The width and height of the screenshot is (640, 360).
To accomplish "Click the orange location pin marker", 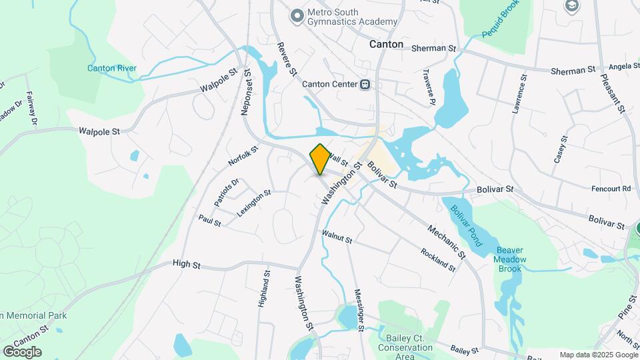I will tap(320, 159).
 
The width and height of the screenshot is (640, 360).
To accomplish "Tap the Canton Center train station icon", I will tap(365, 85).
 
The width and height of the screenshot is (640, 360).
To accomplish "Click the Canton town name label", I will tap(387, 44).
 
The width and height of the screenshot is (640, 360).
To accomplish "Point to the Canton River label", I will tap(112, 68).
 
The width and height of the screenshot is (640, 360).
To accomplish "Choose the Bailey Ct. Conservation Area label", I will tap(405, 347).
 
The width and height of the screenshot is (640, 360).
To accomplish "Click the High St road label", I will tap(187, 265).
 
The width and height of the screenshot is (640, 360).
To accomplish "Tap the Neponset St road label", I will tap(246, 93).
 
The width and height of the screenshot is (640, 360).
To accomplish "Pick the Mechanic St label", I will tap(446, 239).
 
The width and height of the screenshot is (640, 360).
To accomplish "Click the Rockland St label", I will tap(437, 260).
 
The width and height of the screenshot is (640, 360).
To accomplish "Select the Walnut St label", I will tap(336, 235).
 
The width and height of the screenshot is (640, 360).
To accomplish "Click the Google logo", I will tap(22, 351).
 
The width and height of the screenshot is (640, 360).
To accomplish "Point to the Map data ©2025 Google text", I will tap(599, 355).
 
